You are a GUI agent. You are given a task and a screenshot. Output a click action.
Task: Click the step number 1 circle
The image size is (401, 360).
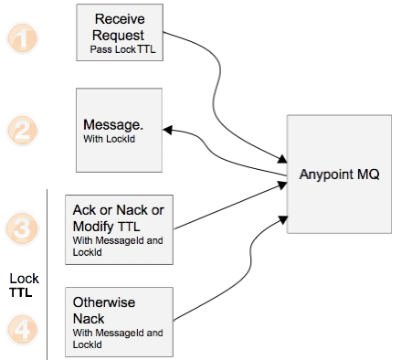[x=27, y=38]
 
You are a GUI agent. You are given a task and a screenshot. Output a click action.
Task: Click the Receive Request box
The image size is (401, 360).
[x=120, y=33]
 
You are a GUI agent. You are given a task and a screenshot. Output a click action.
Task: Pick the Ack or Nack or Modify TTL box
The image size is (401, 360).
[x=120, y=225]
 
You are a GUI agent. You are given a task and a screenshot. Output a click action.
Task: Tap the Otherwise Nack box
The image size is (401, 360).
[x=120, y=321]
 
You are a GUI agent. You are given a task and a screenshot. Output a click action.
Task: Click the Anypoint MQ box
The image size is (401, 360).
[x=340, y=174]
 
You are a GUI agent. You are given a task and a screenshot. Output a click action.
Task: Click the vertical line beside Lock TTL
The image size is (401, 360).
[x=46, y=274]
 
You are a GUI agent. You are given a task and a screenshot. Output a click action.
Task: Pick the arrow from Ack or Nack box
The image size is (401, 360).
[x=228, y=206]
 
